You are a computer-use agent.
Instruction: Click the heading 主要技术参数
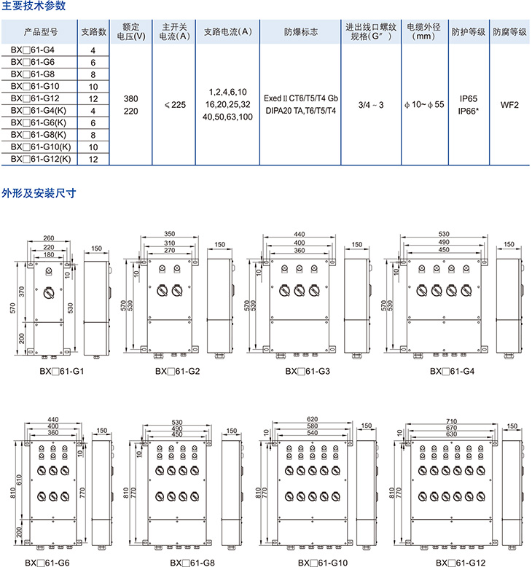34,7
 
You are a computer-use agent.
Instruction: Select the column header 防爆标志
300,32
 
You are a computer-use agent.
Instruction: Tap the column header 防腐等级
508,32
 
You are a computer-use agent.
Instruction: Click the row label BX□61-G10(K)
41,146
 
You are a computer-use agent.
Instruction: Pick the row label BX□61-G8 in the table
33,74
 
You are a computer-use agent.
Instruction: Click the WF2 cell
509,104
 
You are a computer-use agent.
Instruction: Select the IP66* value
469,110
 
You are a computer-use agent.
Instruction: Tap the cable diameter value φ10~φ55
424,104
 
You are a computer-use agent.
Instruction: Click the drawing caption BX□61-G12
460,562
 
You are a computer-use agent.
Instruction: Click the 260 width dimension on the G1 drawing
49,238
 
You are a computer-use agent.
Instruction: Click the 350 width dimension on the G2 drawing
170,235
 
